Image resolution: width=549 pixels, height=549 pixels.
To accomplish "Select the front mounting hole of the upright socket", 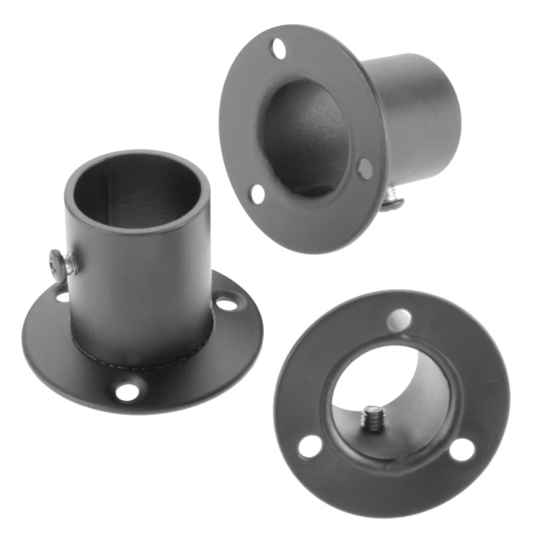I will point(127,392).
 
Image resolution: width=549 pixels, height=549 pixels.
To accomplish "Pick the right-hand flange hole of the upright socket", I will point(228,304).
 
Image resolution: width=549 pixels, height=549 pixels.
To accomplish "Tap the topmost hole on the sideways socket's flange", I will point(279,49).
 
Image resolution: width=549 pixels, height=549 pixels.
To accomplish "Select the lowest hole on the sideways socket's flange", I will point(258,194).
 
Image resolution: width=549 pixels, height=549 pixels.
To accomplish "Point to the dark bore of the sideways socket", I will point(306,137).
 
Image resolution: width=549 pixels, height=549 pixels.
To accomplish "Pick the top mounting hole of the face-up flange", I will point(399,320).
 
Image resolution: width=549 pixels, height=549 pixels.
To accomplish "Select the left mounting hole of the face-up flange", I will point(310,446).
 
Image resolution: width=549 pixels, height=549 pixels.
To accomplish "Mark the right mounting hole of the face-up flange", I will point(462,450).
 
